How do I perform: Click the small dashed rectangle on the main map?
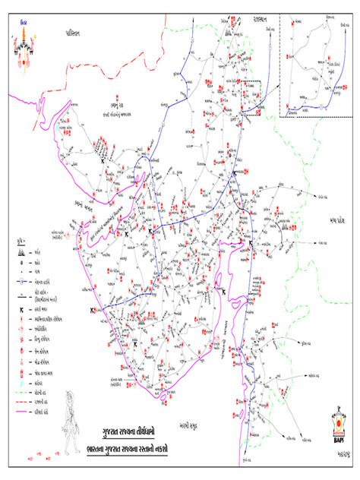click(x=251, y=95)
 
